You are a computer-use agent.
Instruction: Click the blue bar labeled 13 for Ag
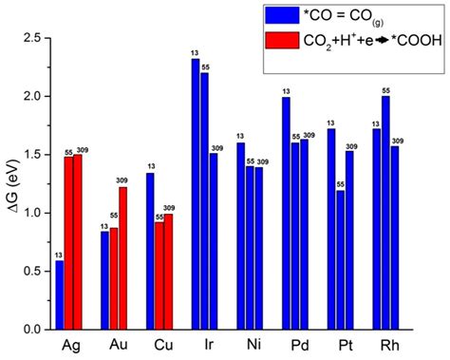(60, 294)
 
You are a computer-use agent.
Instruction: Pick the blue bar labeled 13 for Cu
(150, 251)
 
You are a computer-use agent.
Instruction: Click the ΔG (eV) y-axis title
(11, 183)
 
